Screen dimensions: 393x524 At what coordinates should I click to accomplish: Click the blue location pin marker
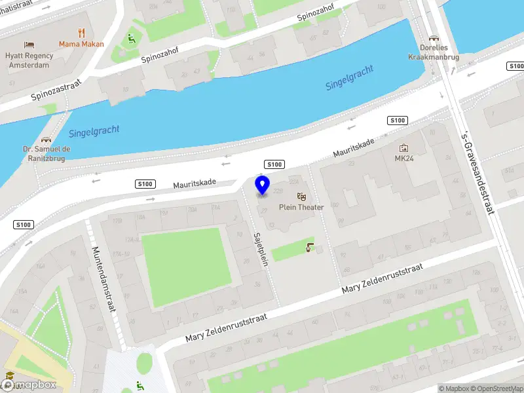point(263,185)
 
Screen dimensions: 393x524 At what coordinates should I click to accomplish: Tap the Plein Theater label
point(301,208)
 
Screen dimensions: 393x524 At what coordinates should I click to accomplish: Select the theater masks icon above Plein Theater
point(301,196)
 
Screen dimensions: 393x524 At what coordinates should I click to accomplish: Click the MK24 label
point(404,159)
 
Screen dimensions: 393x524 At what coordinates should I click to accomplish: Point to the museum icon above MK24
point(404,148)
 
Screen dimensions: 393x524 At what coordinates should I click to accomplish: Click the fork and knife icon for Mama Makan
point(81,33)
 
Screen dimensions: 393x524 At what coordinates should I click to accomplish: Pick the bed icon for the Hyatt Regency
point(29,45)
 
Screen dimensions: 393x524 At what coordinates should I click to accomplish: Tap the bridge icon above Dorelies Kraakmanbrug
point(433,39)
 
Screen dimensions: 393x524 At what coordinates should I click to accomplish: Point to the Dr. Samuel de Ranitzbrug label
point(47,154)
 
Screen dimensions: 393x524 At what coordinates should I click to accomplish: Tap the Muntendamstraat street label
point(105,288)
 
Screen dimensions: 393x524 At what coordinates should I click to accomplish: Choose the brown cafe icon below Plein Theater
point(310,247)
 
